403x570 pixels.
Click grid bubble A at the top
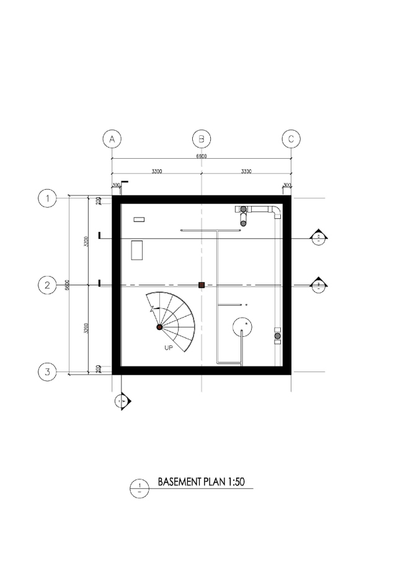coord(112,139)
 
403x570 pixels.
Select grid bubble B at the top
coord(201,139)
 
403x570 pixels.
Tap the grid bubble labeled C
coord(291,139)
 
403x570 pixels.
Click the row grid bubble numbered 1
coord(47,198)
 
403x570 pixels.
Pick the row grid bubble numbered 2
coord(47,285)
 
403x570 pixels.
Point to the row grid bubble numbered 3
coord(47,372)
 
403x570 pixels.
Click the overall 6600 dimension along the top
coord(201,156)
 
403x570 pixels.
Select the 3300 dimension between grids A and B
coord(156,171)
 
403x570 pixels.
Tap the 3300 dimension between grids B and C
coord(246,171)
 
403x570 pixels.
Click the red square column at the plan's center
coord(201,285)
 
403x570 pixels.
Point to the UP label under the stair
coord(169,349)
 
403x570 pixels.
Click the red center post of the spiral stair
coord(159,327)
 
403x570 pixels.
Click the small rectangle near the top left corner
coord(139,219)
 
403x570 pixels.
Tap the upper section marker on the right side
coord(319,238)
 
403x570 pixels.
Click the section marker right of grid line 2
coord(319,285)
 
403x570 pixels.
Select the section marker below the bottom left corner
coord(122,401)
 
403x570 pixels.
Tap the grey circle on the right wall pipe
coord(277,336)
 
